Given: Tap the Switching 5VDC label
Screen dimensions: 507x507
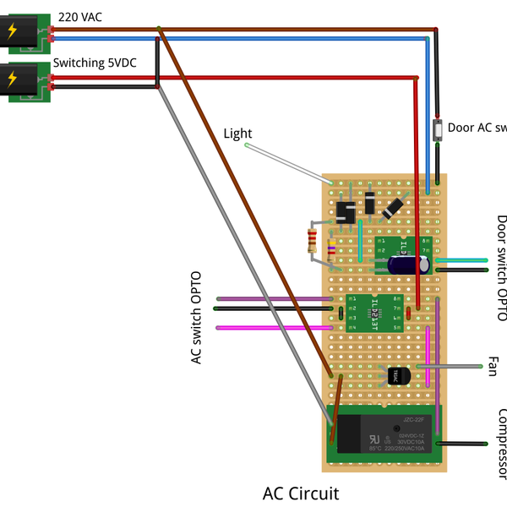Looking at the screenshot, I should (x=95, y=63).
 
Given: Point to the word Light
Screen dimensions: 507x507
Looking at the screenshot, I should (x=237, y=134).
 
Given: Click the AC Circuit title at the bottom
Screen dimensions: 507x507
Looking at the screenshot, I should (x=300, y=493).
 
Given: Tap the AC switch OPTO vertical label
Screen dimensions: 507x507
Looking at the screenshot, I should (x=197, y=318).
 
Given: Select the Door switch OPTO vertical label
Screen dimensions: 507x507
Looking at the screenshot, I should (x=501, y=269).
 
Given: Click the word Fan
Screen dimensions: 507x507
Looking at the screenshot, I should (x=492, y=367).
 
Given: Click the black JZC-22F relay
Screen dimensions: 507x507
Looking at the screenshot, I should (x=383, y=433).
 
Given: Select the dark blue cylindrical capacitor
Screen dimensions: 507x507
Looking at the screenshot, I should (x=409, y=264).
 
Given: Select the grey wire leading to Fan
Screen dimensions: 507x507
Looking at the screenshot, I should (x=456, y=367).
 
